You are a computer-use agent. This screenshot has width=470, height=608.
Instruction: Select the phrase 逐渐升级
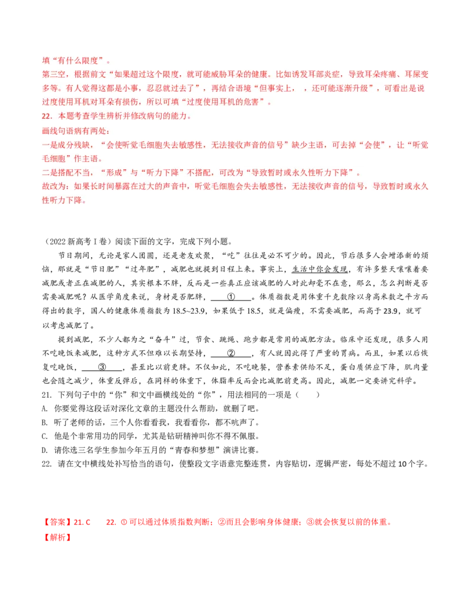point(355,88)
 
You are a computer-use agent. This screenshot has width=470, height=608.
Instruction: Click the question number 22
point(47,116)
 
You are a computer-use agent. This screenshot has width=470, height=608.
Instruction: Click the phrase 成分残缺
point(79,145)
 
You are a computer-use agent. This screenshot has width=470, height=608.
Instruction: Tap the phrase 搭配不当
point(79,173)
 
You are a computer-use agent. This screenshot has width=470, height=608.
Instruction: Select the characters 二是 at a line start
point(49,173)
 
